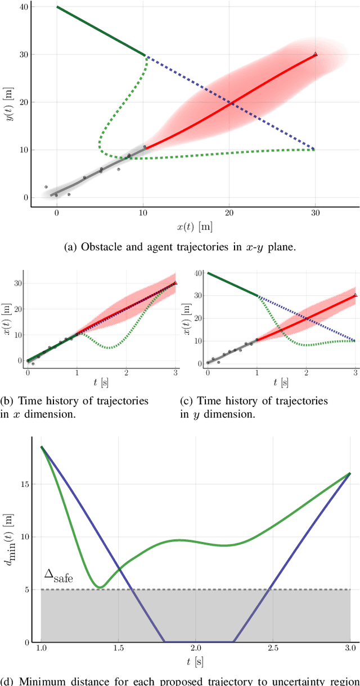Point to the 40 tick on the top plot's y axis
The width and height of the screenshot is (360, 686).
pos(23,7)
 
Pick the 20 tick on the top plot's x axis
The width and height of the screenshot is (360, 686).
pos(229,214)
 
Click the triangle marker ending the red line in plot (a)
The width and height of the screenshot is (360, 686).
pos(315,54)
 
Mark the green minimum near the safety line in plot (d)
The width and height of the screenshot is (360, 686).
pos(100,587)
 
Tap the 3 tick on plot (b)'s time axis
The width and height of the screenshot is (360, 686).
pos(175,372)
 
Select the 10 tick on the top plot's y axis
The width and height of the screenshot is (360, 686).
pos(23,150)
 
